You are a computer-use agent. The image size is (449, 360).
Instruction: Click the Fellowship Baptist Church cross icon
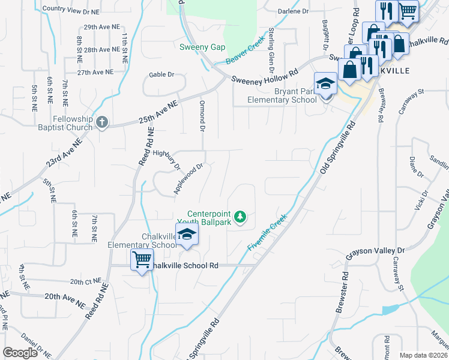(102, 122)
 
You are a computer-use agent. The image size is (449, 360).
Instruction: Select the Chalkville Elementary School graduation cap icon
(187, 235)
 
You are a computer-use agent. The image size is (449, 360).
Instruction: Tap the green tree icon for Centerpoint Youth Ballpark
(240, 216)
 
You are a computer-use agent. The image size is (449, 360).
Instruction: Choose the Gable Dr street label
(161, 75)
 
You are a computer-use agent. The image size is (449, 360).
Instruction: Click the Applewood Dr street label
(189, 178)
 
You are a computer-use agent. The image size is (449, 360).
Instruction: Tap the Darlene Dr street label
(294, 11)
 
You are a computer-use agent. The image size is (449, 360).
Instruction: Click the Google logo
(20, 352)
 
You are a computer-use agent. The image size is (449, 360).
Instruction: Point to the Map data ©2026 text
(423, 355)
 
